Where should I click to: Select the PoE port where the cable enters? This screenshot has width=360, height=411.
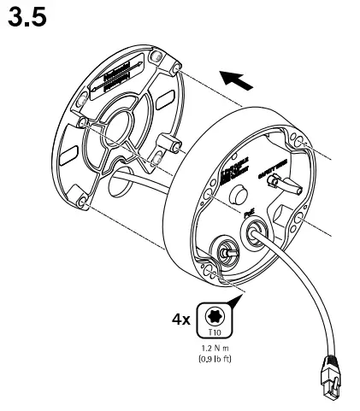(x=255, y=232)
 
